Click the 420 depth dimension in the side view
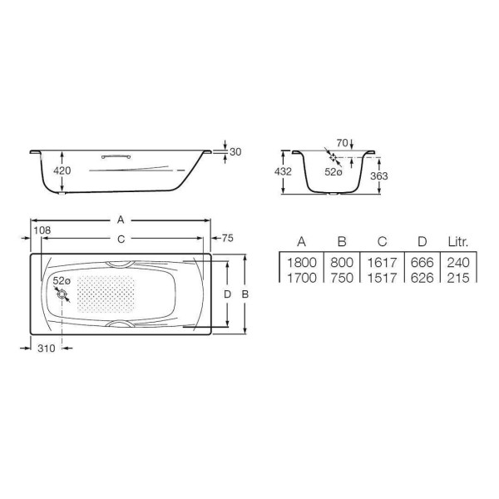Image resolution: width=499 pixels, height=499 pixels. [x=62, y=170]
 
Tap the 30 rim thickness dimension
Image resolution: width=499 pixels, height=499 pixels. [x=235, y=151]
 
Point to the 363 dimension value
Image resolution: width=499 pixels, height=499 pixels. [x=378, y=175]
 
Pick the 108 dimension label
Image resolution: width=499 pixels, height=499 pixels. [x=42, y=228]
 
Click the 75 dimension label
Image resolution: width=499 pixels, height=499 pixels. [x=228, y=239]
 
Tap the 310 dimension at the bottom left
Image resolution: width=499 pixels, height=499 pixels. [x=46, y=348]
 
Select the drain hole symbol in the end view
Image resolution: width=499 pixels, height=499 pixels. [x=333, y=158]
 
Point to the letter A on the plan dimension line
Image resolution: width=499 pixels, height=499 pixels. [x=121, y=220]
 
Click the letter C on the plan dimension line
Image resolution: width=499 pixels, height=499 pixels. [x=121, y=239]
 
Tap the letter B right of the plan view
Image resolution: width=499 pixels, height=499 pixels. [x=245, y=294]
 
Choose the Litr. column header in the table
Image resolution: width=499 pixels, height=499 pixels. [x=459, y=242]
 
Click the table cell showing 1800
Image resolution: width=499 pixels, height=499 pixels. [x=301, y=263]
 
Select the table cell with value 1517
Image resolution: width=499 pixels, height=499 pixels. [x=382, y=278]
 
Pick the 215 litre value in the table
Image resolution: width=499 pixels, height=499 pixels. [x=459, y=278]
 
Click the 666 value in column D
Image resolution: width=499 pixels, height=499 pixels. [x=422, y=263]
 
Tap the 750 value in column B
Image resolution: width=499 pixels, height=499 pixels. [x=342, y=278]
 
